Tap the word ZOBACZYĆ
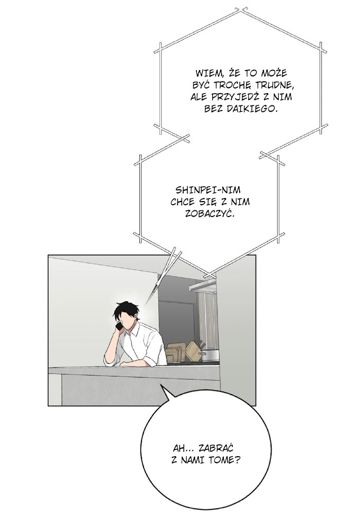click(209, 213)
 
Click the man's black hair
click(127, 310)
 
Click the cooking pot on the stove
click(210, 355)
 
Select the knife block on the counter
click(194, 351)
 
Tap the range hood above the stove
click(203, 285)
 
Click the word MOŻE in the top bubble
click(274, 73)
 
